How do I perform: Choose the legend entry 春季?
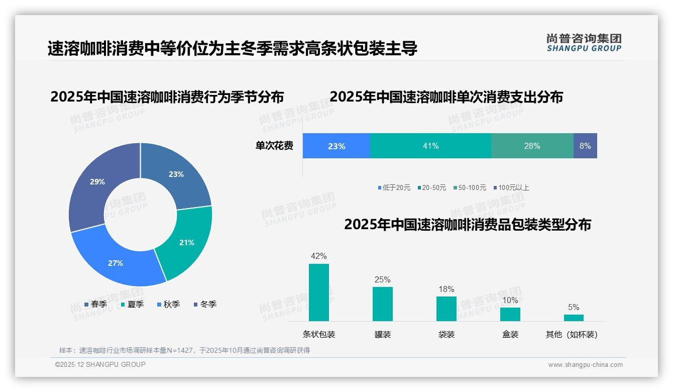click(x=95, y=305)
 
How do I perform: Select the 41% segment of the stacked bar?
click(x=430, y=146)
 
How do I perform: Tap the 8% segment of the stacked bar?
click(x=585, y=146)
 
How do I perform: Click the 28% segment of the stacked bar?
click(x=532, y=146)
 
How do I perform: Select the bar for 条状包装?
click(x=318, y=292)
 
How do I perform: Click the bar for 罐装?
click(x=382, y=304)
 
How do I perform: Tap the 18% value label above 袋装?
click(x=446, y=289)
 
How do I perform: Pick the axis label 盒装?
click(x=510, y=334)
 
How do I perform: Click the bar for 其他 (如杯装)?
click(x=574, y=318)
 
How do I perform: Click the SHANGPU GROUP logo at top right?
click(x=584, y=42)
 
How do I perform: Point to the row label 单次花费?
click(x=274, y=146)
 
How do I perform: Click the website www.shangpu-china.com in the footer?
click(x=585, y=365)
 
